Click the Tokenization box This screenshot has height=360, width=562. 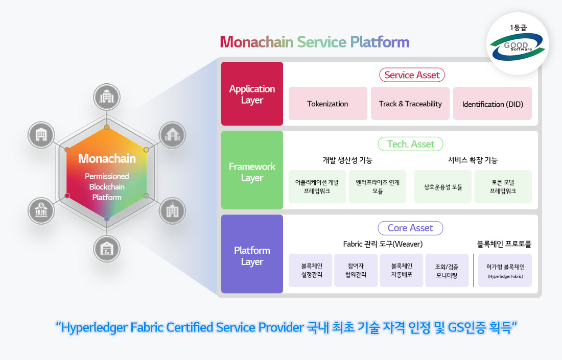coord(327,104)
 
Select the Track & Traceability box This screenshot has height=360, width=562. coord(410,104)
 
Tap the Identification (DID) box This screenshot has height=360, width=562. coord(493,104)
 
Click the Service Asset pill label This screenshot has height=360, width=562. coord(412,75)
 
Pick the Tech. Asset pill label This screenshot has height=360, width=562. coord(411,144)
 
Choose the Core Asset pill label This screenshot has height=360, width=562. coord(410,228)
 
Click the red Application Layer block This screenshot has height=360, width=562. coord(252,94)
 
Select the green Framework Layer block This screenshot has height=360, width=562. coord(252,172)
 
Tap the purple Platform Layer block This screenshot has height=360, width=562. coord(252,255)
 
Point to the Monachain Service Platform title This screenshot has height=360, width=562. coord(315,42)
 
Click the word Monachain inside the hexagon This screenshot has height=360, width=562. coord(107,159)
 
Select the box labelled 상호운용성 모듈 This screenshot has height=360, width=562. coord(443,187)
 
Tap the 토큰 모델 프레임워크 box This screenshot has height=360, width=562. coord(503,187)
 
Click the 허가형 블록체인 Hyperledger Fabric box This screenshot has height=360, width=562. coord(505,271)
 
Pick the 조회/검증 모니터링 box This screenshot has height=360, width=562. coord(447,271)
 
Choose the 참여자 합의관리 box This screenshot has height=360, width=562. coord(356,271)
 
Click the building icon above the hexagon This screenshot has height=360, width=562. coord(107,97)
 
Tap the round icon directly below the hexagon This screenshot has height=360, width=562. coord(107,249)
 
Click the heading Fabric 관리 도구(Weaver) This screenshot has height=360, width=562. coord(383,244)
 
